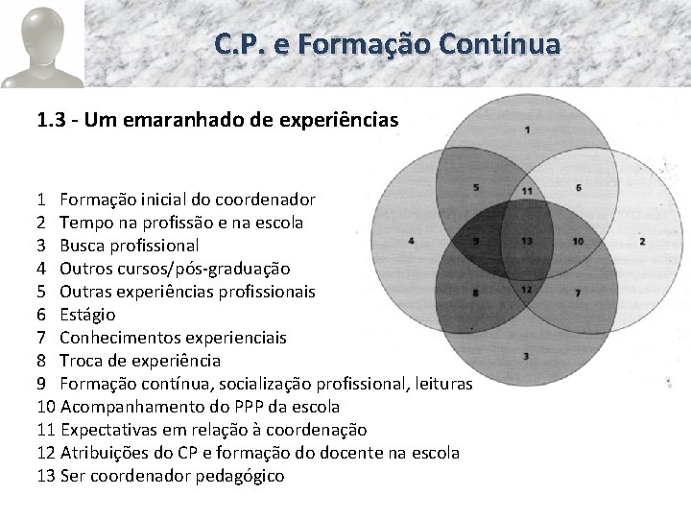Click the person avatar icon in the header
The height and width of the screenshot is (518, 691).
41,45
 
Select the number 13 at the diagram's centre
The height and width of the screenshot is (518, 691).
527,241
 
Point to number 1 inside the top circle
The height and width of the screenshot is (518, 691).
528,129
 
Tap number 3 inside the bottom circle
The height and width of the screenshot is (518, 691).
526,357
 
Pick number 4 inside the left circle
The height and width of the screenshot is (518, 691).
411,240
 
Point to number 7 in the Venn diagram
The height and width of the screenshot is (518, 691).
578,292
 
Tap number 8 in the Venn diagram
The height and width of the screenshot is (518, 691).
476,292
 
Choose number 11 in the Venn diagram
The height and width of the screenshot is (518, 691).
527,191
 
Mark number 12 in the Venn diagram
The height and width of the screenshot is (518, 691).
526,289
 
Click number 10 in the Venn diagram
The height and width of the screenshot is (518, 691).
578,241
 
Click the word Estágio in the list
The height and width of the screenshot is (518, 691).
87,315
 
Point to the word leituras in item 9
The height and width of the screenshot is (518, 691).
439,384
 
